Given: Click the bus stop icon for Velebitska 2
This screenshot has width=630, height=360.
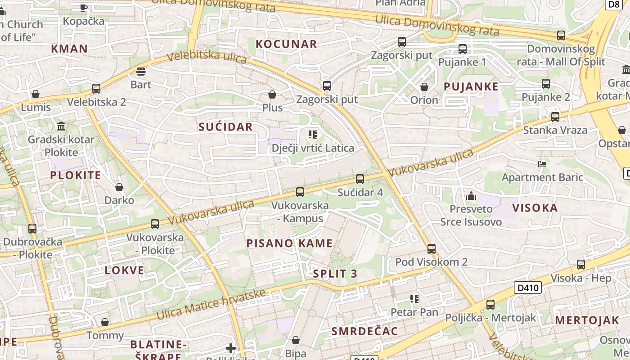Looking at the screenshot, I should (96, 89).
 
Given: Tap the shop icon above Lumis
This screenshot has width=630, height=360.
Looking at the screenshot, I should (36, 94).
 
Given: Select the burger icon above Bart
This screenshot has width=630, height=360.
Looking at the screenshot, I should (141, 72).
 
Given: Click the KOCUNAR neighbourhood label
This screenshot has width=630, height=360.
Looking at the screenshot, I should (286, 44).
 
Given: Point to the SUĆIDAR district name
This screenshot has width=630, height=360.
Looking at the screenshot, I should (225, 127).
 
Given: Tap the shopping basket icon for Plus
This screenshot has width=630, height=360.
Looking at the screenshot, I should (272, 94).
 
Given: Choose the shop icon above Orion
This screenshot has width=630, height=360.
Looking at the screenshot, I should (424, 87).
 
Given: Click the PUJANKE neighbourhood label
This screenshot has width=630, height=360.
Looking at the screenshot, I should (471, 87).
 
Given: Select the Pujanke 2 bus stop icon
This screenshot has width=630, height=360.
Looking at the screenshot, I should (545, 84).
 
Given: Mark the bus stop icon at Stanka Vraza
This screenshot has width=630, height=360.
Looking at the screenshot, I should (555, 117).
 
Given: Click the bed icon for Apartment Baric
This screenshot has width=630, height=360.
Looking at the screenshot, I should (542, 164).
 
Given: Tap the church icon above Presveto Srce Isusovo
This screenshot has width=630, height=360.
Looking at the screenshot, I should (471, 196).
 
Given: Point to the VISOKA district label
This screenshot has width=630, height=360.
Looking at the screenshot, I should (535, 208).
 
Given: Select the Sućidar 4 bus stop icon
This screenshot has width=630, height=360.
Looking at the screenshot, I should (360, 179).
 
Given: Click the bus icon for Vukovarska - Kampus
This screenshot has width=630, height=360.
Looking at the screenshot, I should (300, 192).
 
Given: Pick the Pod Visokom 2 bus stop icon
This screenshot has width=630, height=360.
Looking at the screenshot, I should (431, 249).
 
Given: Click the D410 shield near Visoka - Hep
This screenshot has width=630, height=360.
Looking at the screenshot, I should (527, 288).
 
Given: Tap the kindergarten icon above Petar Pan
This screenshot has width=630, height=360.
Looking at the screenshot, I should (414, 299).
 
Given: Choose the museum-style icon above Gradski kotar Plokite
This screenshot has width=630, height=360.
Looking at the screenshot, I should (61, 126).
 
